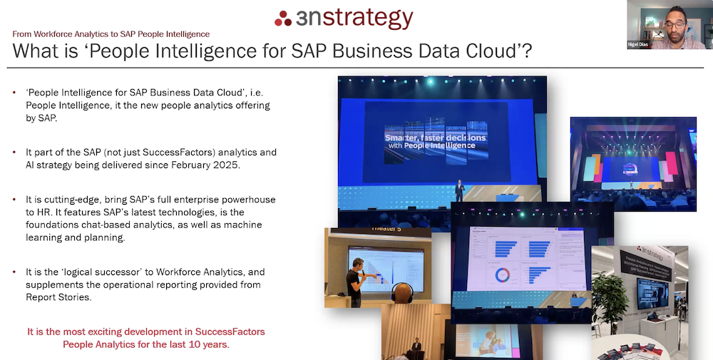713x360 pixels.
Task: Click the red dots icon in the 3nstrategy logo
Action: click(283, 19)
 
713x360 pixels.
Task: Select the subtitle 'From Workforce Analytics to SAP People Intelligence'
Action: click(111, 34)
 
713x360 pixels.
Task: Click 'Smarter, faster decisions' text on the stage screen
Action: click(435, 137)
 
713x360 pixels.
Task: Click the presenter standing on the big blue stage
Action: click(460, 190)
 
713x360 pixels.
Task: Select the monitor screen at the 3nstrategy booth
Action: click(653, 292)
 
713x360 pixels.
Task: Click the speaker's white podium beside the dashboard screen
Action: click(578, 303)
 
